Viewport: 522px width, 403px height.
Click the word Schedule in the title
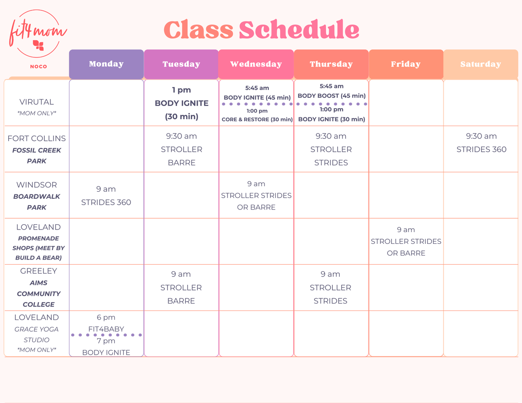click(x=299, y=30)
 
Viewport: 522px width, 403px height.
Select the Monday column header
click(x=106, y=64)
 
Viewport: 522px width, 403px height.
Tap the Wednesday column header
click(x=256, y=64)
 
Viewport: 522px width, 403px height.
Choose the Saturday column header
click(x=481, y=64)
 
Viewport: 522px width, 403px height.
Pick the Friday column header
click(x=405, y=64)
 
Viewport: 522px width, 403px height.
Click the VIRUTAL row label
click(x=37, y=102)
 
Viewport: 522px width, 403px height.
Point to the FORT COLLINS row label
click(x=37, y=139)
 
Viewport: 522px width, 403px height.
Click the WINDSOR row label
click(x=37, y=185)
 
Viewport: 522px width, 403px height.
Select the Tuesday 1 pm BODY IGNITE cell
click(x=181, y=103)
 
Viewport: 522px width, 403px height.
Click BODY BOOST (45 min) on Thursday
click(x=331, y=96)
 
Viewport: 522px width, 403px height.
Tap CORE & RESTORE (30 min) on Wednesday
click(x=257, y=120)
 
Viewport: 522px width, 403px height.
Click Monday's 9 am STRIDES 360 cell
click(x=106, y=196)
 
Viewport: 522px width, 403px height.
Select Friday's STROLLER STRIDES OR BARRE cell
click(x=406, y=242)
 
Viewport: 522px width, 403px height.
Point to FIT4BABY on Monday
click(x=106, y=329)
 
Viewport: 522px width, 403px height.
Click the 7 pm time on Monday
click(x=106, y=341)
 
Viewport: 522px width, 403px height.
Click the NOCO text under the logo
click(x=38, y=67)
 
